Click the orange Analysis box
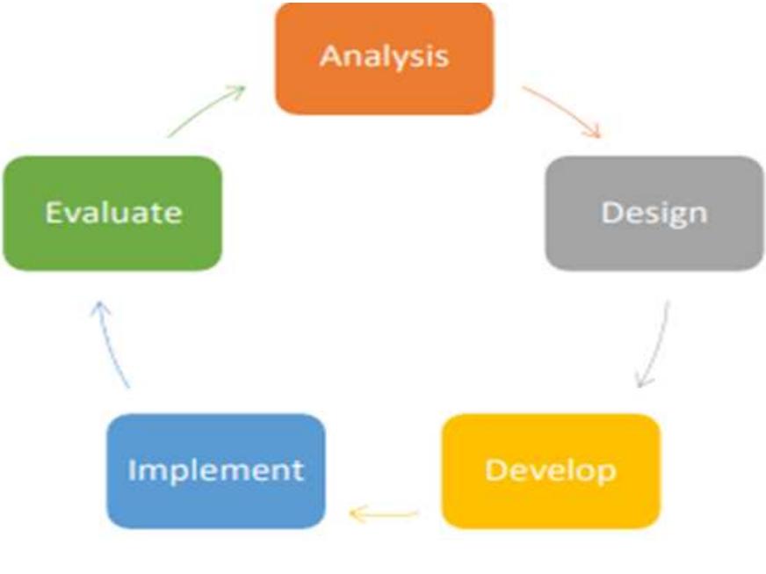(385, 59)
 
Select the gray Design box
(654, 214)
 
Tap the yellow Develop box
(551, 471)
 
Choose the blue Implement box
(216, 471)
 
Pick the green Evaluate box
(112, 214)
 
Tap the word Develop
(551, 471)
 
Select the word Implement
(216, 470)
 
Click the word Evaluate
(113, 212)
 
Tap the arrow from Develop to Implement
(384, 513)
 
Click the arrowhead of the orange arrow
(594, 132)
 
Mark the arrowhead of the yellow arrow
(356, 514)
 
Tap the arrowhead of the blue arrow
(99, 308)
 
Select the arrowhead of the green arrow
(238, 91)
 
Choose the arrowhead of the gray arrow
(643, 381)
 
